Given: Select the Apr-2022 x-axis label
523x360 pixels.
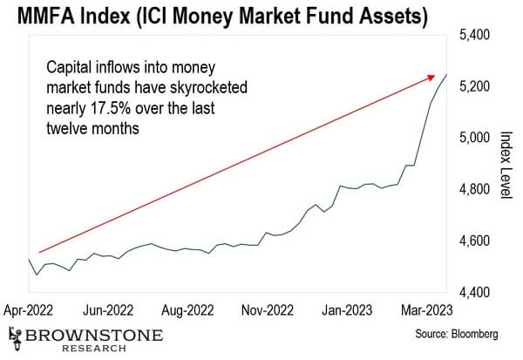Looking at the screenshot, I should point(30,309).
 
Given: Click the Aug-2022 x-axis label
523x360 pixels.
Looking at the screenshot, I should point(188,309).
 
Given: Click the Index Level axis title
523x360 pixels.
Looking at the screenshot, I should point(505,164).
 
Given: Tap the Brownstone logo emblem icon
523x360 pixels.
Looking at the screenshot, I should point(15,334).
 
